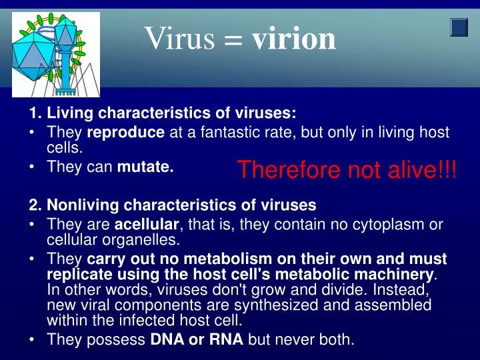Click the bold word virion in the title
(x=294, y=39)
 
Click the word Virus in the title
(x=180, y=39)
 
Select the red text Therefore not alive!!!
(x=347, y=170)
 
